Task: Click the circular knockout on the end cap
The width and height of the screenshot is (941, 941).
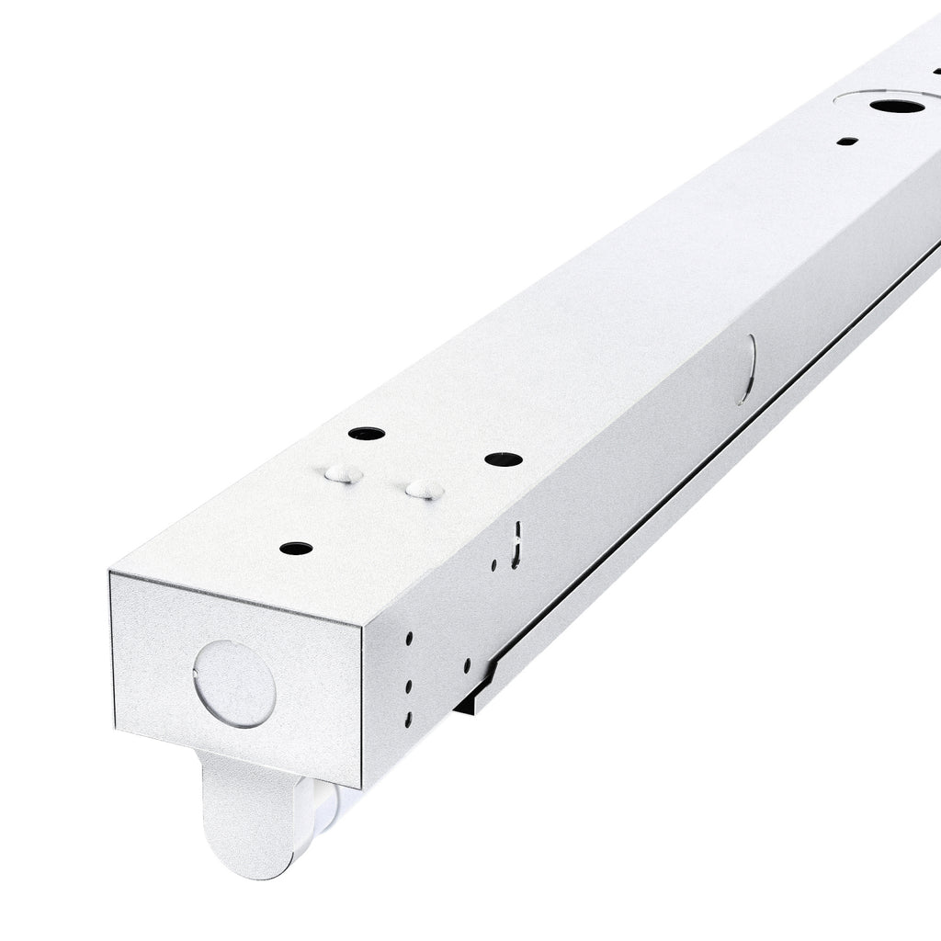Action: pyautogui.click(x=234, y=685)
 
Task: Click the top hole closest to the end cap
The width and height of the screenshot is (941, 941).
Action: pyautogui.click(x=295, y=549)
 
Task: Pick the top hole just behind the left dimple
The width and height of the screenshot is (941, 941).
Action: pyautogui.click(x=366, y=433)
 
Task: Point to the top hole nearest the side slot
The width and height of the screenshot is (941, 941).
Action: pyautogui.click(x=503, y=459)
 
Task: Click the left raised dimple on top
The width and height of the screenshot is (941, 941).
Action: pyautogui.click(x=341, y=473)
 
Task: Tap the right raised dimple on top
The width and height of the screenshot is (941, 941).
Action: pyautogui.click(x=424, y=489)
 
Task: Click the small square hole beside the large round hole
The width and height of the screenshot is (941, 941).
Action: pyautogui.click(x=847, y=142)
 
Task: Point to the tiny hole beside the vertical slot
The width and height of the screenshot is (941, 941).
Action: pyautogui.click(x=493, y=565)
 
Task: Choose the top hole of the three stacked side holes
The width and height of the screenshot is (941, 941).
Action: pyautogui.click(x=409, y=637)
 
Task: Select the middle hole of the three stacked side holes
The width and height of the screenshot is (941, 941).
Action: pyautogui.click(x=408, y=684)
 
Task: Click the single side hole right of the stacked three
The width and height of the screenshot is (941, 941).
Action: pyautogui.click(x=467, y=663)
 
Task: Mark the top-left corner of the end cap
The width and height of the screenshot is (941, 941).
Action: pyautogui.click(x=111, y=573)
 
